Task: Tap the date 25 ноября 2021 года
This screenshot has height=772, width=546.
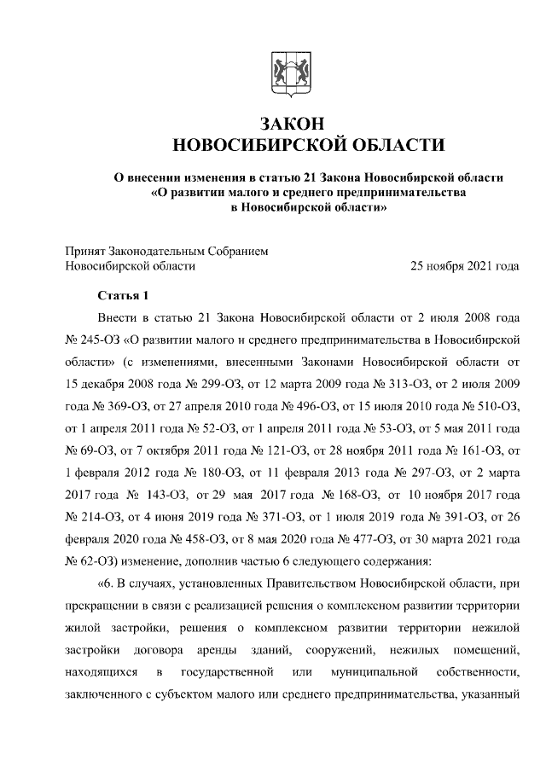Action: (465, 266)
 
